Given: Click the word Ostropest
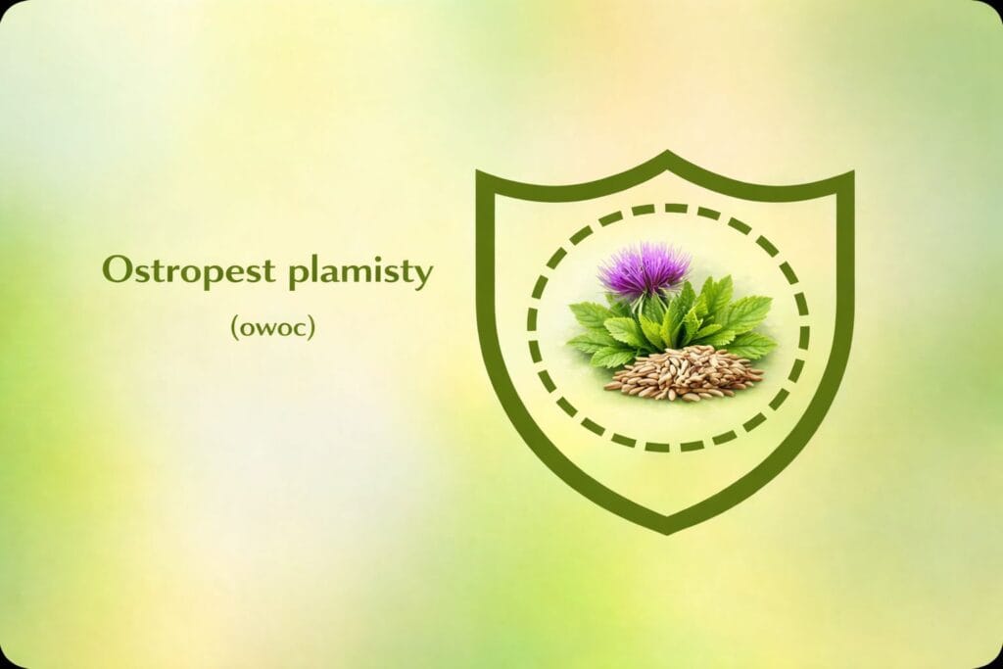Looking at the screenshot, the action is pyautogui.click(x=189, y=272).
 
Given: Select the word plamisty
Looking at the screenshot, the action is pyautogui.click(x=360, y=272).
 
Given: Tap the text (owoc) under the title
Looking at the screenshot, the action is pyautogui.click(x=273, y=327).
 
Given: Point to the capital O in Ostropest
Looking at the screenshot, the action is pyautogui.click(x=117, y=269).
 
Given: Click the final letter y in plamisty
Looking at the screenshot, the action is pyautogui.click(x=423, y=276).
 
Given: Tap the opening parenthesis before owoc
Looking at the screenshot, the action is pyautogui.click(x=235, y=327).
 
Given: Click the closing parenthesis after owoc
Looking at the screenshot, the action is pyautogui.click(x=311, y=327).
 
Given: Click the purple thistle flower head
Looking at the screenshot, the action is pyautogui.click(x=644, y=268).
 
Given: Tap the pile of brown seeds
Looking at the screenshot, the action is pyautogui.click(x=684, y=373).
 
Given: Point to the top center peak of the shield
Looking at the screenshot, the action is pyautogui.click(x=667, y=154).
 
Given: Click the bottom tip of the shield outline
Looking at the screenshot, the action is pyautogui.click(x=667, y=532).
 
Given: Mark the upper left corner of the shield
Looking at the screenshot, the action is pyautogui.click(x=480, y=172).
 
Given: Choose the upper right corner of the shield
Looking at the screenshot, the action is pyautogui.click(x=851, y=173).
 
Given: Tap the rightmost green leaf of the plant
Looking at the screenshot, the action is pyautogui.click(x=755, y=346).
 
